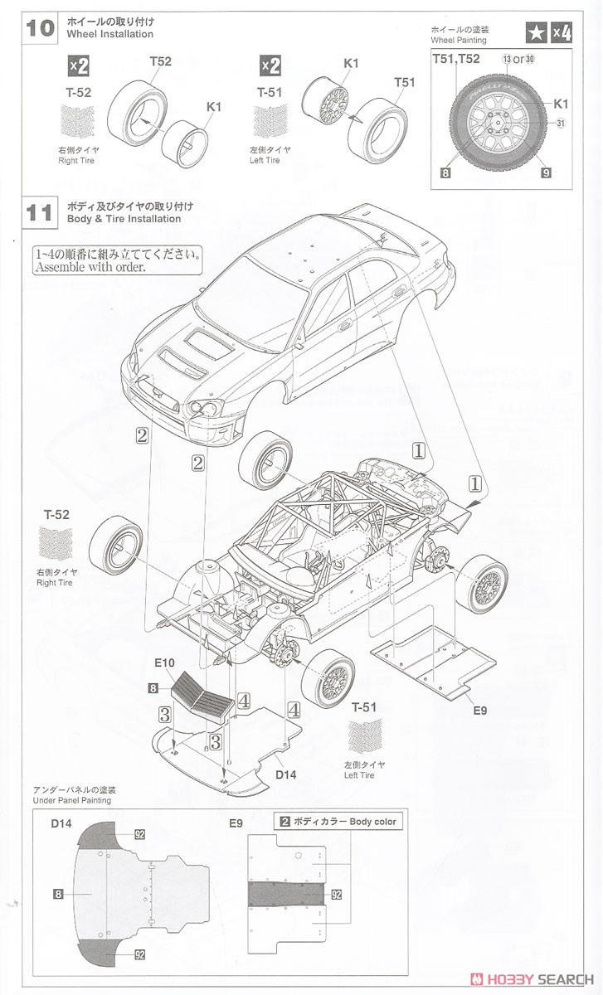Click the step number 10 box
[x=40, y=27]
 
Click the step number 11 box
[x=40, y=212]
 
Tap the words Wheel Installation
[x=112, y=34]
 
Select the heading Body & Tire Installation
[x=125, y=219]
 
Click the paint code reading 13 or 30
[x=518, y=59]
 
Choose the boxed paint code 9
[x=546, y=172]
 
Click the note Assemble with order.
[x=90, y=268]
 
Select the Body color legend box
[x=338, y=822]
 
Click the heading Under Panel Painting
[x=71, y=800]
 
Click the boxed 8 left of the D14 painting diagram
[x=58, y=893]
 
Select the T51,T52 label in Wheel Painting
[x=455, y=59]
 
